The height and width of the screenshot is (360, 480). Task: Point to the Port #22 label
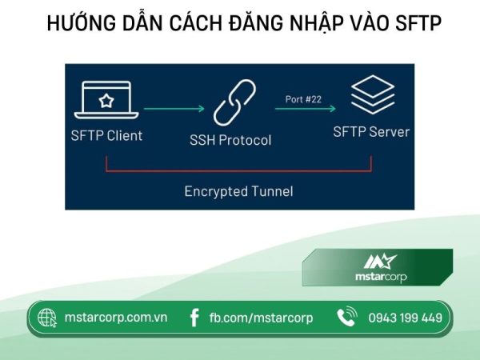pyautogui.click(x=304, y=99)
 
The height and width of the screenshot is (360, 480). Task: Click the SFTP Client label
pyautogui.click(x=106, y=135)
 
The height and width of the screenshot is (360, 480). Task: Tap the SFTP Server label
pyautogui.click(x=370, y=132)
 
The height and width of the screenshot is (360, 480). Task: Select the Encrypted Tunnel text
pyautogui.click(x=238, y=191)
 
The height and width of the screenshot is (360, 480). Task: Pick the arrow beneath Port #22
pyautogui.click(x=305, y=111)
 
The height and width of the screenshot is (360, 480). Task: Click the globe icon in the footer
pyautogui.click(x=47, y=318)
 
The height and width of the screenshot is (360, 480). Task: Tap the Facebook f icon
pyautogui.click(x=194, y=318)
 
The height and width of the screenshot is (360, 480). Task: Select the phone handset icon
pyautogui.click(x=346, y=318)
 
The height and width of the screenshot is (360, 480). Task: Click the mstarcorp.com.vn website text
pyautogui.click(x=115, y=318)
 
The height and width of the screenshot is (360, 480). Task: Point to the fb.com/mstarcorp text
pyautogui.click(x=261, y=318)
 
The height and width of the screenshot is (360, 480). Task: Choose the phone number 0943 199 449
pyautogui.click(x=405, y=318)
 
